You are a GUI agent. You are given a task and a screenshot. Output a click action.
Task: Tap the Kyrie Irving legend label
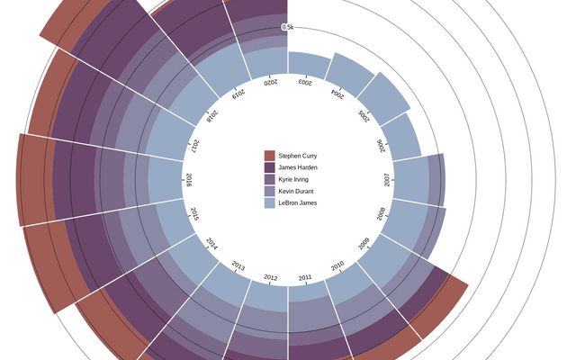pos(293,179)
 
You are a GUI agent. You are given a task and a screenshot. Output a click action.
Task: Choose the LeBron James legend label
pos(298,202)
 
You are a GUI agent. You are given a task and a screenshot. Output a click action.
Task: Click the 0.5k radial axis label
pos(288,27)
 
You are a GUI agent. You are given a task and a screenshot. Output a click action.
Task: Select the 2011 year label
pos(306,277)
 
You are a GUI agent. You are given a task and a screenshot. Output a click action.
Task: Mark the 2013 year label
pos(238,265)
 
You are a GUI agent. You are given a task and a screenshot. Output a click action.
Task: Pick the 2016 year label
pos(189,179)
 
